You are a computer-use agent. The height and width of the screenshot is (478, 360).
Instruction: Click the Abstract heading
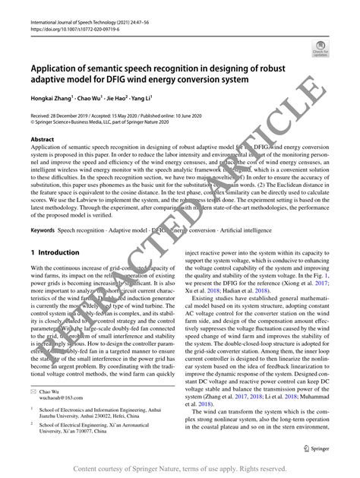coord(42,140)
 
